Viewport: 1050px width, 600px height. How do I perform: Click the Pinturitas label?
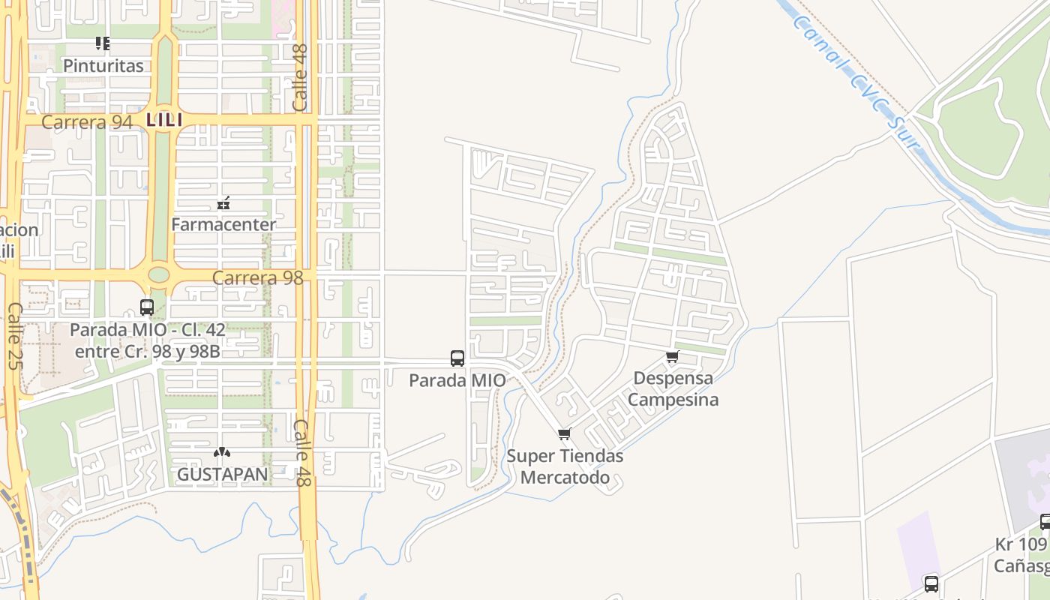[x=103, y=66]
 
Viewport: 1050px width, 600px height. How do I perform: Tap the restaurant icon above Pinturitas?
[x=103, y=43]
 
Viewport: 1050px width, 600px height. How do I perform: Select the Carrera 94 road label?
[x=87, y=122]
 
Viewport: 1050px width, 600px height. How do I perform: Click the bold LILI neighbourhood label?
[x=164, y=120]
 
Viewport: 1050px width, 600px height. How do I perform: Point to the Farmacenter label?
[x=223, y=224]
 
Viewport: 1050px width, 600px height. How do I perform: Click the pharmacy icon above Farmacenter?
[x=223, y=203]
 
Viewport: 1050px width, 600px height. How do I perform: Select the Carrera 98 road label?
[x=257, y=278]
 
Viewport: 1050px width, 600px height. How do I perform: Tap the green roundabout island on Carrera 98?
[x=159, y=275]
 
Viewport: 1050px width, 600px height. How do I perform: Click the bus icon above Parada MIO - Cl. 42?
[x=147, y=307]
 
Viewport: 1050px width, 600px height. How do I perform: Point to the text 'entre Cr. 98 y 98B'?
[x=148, y=351]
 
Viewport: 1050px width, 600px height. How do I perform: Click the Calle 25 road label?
[x=13, y=336]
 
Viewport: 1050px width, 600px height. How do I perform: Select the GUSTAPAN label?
[x=222, y=475]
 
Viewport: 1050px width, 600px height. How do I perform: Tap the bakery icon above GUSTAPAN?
[x=221, y=453]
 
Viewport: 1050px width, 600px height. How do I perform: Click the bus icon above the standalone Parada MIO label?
[x=457, y=358]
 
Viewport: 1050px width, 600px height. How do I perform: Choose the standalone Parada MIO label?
[x=457, y=380]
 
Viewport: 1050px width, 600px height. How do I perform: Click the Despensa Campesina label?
[x=673, y=388]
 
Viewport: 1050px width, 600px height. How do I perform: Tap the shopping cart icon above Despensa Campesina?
[x=672, y=357]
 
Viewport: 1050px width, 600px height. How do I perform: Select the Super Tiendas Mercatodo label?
[x=565, y=466]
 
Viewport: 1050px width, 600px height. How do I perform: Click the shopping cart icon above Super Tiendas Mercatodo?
[x=565, y=433]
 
